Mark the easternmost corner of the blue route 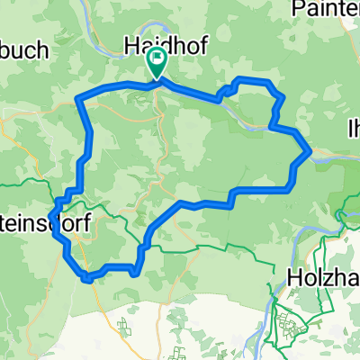310,151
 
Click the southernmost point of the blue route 87,280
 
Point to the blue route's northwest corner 79,97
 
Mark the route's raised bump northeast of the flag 251,83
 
